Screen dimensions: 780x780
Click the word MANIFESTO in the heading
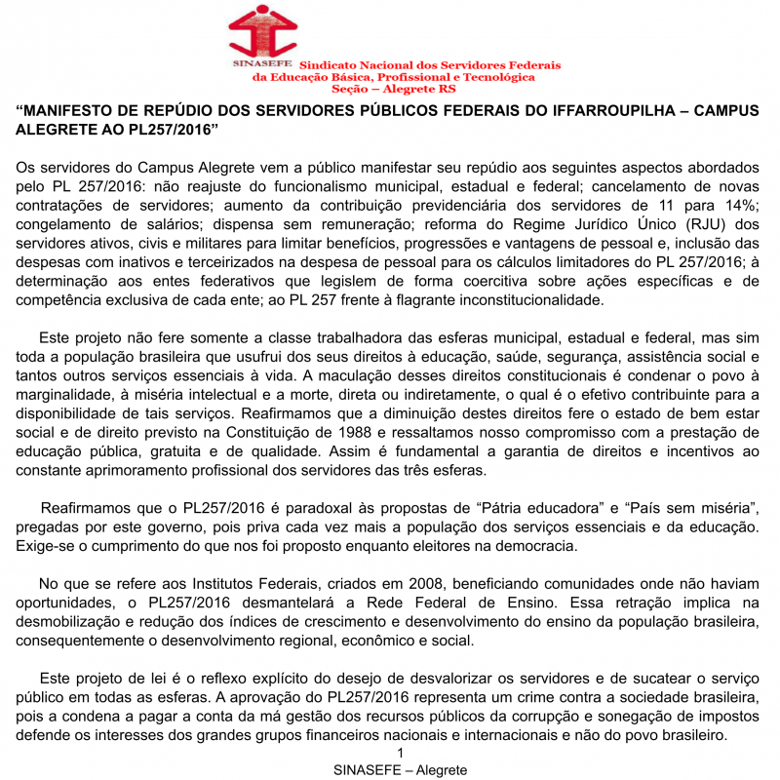pos(77,111)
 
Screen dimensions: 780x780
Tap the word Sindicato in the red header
pos(330,64)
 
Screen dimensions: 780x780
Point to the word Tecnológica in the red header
pos(496,76)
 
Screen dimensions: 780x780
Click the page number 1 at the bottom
pos(400,753)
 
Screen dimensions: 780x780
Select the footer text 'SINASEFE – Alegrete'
pos(400,769)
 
